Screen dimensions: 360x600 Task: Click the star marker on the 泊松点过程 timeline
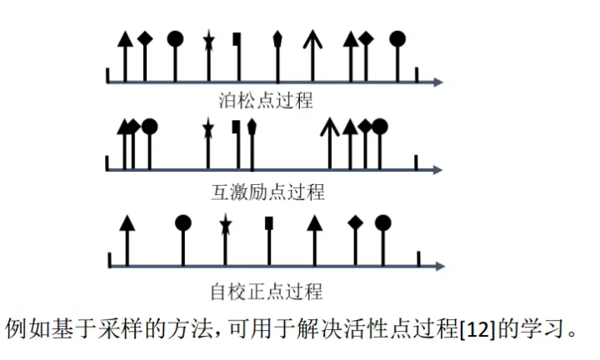pyautogui.click(x=208, y=38)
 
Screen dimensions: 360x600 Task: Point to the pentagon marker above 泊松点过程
pyautogui.click(x=277, y=38)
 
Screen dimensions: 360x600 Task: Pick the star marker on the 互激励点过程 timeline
pyautogui.click(x=207, y=127)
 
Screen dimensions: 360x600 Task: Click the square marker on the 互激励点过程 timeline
pyautogui.click(x=237, y=127)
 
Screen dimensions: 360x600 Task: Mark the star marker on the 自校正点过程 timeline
pyautogui.click(x=224, y=222)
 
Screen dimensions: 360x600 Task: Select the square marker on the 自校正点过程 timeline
pyautogui.click(x=268, y=222)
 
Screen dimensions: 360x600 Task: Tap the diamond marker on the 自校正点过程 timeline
pyautogui.click(x=356, y=222)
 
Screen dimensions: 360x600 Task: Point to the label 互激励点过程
pyautogui.click(x=267, y=193)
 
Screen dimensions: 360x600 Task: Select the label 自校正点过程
pyautogui.click(x=267, y=292)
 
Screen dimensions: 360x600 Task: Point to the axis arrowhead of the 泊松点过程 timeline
pyautogui.click(x=437, y=82)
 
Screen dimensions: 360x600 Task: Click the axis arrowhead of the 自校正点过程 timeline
pyautogui.click(x=437, y=266)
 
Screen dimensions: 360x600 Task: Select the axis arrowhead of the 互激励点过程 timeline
pyautogui.click(x=437, y=171)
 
